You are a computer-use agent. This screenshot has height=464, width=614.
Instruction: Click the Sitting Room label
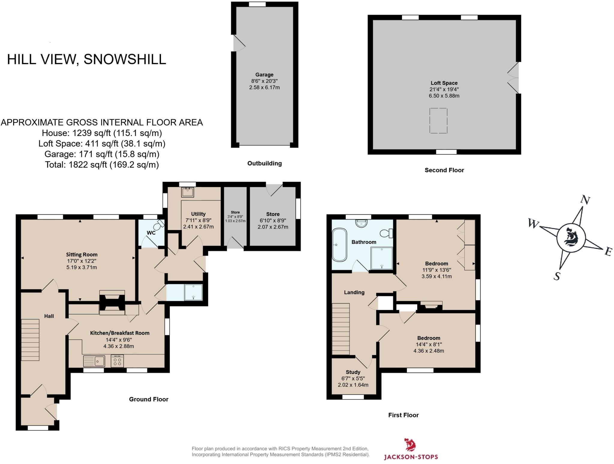tap(82, 255)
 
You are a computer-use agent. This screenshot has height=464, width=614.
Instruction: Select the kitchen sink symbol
tap(94, 361)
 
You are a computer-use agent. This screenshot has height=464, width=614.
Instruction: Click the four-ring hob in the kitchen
tap(117, 361)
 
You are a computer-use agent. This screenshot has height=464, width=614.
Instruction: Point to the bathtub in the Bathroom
tap(340, 245)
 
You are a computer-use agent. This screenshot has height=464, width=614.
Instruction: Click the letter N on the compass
tap(585, 200)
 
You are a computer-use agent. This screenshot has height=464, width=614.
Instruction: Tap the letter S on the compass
tap(557, 276)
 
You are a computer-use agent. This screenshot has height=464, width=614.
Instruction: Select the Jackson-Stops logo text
tap(411, 457)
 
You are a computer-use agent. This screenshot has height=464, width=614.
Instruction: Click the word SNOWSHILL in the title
tap(125, 59)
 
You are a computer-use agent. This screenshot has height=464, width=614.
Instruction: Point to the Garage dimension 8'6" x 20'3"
tap(264, 81)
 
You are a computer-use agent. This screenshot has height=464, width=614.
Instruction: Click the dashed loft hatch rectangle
tap(438, 120)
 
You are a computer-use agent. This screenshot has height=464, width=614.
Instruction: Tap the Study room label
tap(353, 372)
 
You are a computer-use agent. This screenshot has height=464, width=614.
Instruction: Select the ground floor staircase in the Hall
tap(30, 340)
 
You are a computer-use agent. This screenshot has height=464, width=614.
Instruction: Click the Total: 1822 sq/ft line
tap(102, 165)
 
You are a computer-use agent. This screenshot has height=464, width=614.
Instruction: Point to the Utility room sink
tap(187, 192)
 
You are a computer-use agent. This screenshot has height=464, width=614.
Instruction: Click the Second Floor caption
tap(444, 170)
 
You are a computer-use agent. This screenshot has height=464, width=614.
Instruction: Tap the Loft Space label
tap(444, 83)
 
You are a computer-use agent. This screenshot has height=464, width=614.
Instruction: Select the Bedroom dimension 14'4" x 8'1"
tap(429, 344)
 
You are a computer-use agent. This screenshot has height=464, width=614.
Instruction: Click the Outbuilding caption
tap(264, 164)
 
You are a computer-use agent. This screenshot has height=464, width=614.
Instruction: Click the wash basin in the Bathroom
tap(361, 223)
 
